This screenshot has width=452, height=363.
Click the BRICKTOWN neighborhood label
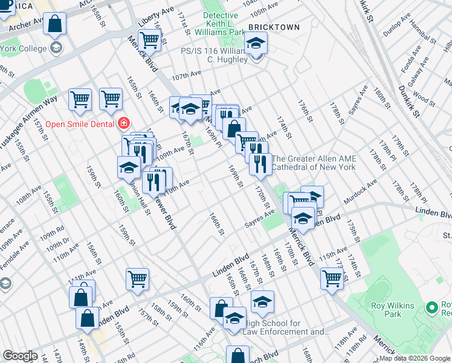(274, 28)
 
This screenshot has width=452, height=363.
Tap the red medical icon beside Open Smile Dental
(123, 123)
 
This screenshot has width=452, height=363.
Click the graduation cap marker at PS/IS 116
(256, 44)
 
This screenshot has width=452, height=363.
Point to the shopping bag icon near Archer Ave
(54, 24)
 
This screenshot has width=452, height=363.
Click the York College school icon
(56, 48)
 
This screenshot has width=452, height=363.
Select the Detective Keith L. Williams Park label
(224, 23)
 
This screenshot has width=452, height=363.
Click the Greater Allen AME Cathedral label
(314, 163)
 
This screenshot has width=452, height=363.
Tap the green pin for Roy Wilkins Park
(431, 308)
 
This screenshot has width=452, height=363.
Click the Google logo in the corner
(20, 356)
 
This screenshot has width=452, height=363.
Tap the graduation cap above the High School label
(262, 302)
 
